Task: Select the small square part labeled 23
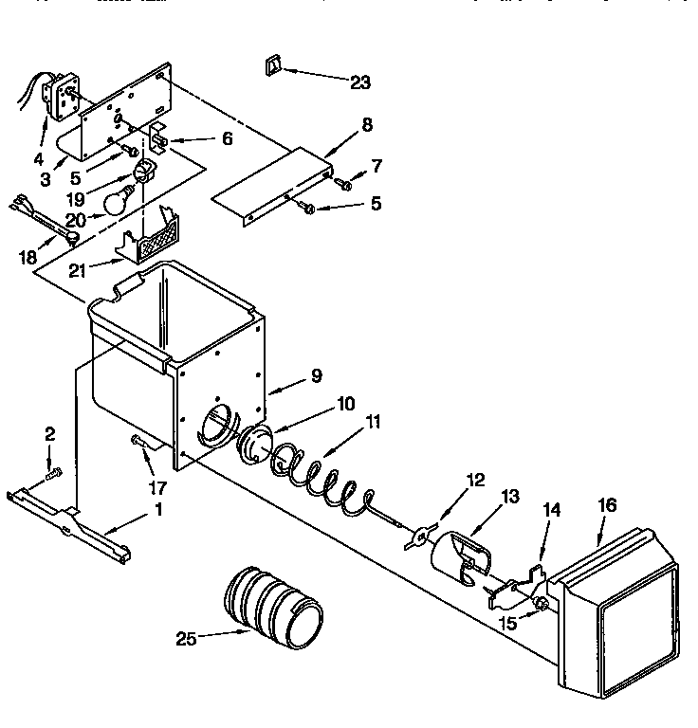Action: pyautogui.click(x=272, y=65)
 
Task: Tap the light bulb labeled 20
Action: pyautogui.click(x=118, y=199)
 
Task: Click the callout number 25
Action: pyautogui.click(x=186, y=639)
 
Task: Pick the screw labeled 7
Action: pyautogui.click(x=344, y=184)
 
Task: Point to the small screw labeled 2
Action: pyautogui.click(x=53, y=471)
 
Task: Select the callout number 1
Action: pyautogui.click(x=158, y=510)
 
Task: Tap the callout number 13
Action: pyautogui.click(x=510, y=496)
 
